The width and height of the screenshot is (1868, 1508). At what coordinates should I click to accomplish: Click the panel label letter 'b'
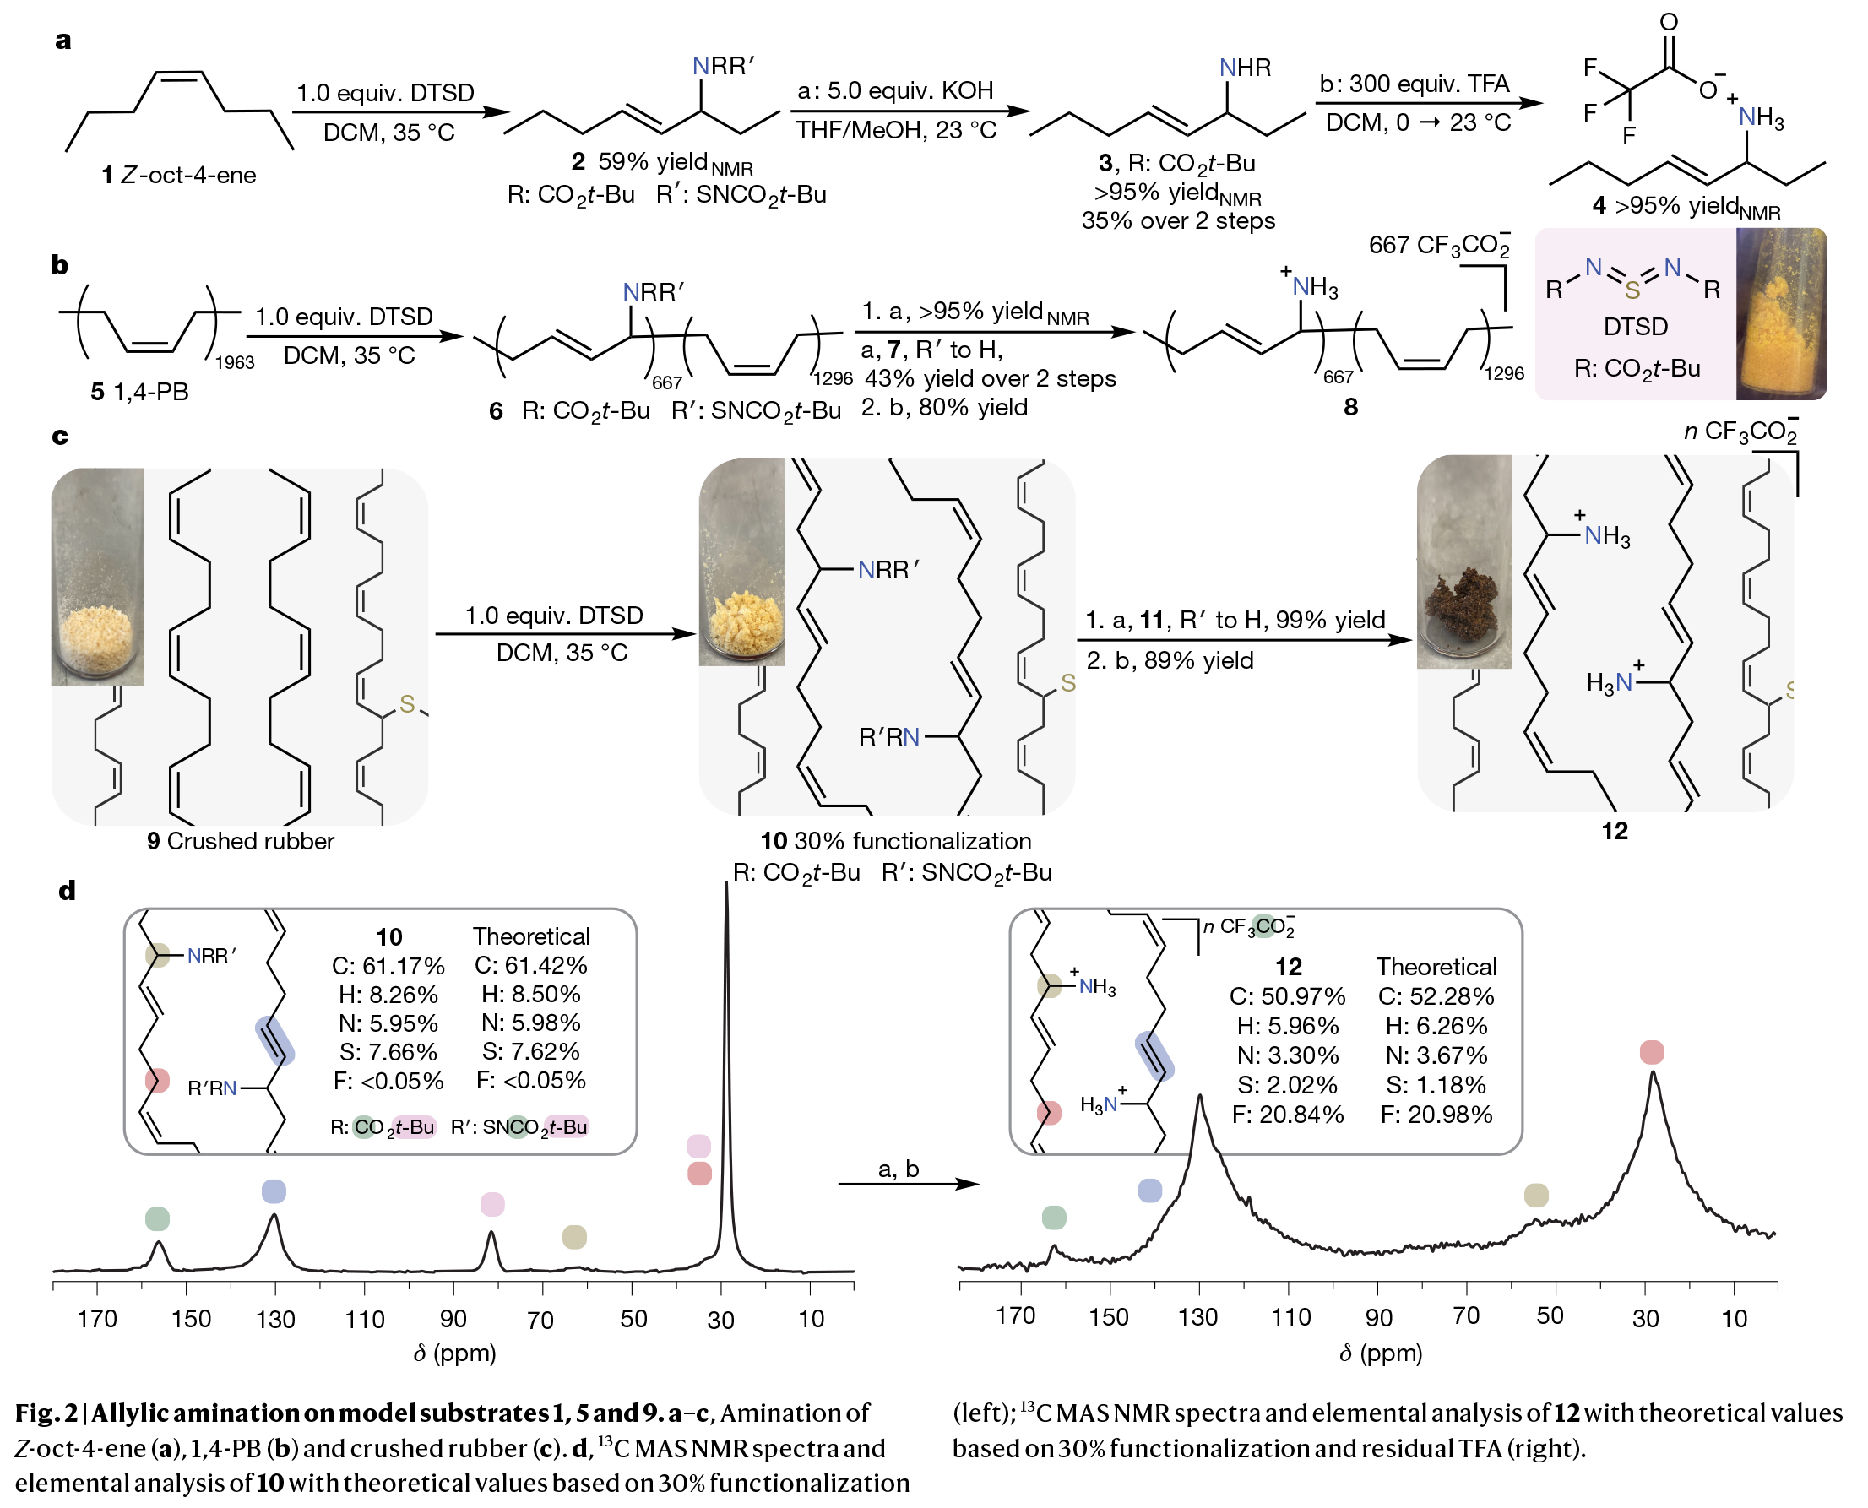(x=59, y=265)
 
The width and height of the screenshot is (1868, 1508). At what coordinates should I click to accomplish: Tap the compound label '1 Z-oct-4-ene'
(x=179, y=176)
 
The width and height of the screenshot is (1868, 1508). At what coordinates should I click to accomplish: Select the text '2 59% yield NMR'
(x=662, y=162)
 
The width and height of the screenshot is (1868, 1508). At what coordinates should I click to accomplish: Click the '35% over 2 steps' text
(x=1177, y=220)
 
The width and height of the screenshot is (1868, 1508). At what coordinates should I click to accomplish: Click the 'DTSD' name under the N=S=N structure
(x=1635, y=327)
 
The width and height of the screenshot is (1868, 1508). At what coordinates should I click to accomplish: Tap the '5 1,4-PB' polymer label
(x=139, y=392)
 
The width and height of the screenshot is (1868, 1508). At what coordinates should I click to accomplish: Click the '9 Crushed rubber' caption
(x=241, y=841)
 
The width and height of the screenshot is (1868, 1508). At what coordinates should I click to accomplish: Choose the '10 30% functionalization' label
(x=896, y=841)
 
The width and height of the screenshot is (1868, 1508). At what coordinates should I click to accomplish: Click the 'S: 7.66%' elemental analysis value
(x=388, y=1052)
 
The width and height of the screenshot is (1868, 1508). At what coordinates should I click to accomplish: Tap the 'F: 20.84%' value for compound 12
(x=1288, y=1115)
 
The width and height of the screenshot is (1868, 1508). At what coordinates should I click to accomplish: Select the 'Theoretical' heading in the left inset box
(x=531, y=936)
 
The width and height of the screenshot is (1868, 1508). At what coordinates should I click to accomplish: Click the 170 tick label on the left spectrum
(x=96, y=1320)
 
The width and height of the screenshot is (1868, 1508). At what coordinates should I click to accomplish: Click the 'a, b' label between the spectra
(x=899, y=1169)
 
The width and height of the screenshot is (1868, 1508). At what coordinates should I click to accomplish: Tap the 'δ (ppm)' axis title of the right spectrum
(x=1381, y=1353)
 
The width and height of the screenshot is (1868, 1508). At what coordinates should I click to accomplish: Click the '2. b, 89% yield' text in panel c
(x=1170, y=661)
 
